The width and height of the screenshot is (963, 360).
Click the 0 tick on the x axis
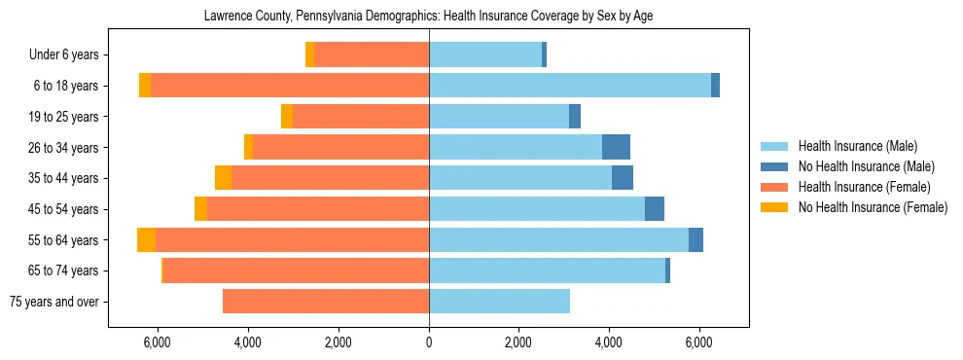point(429,342)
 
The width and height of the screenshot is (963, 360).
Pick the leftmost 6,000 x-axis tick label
point(158,342)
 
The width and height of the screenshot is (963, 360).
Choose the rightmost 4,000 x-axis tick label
point(609,342)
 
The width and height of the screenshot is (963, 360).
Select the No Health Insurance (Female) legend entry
point(873,207)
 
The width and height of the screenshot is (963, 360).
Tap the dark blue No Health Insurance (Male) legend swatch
point(775,166)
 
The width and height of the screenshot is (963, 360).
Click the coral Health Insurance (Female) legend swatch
point(775,187)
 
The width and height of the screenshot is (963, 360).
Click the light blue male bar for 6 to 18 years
point(570,86)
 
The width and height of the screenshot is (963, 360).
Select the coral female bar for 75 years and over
point(326,302)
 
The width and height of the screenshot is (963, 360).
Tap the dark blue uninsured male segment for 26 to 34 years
point(616,147)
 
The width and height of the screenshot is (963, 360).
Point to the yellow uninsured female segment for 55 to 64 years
point(146,240)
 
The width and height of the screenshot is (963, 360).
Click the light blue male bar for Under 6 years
point(485,55)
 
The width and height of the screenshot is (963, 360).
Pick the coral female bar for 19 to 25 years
point(361,117)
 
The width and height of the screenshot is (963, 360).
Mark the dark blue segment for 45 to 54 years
point(655,209)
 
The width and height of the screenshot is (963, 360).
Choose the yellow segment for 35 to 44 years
point(223,178)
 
